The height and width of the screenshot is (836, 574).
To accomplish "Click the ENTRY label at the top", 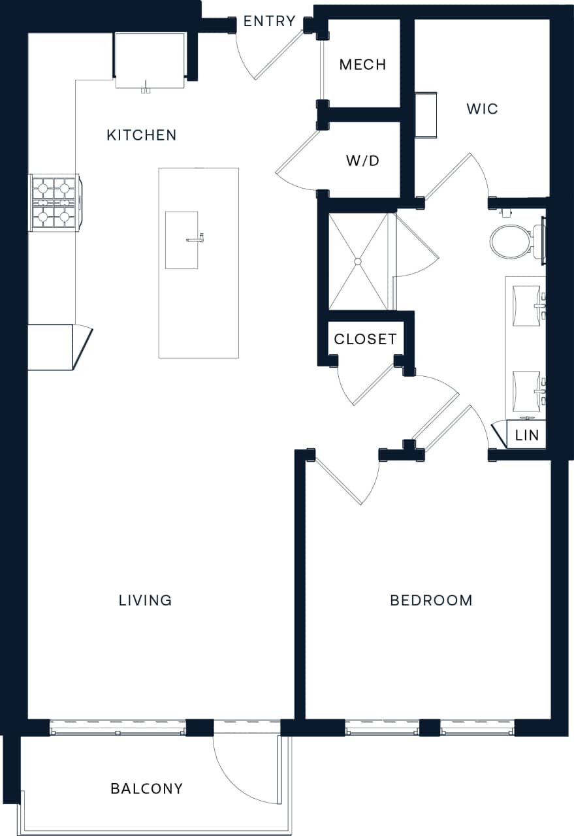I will (x=269, y=22).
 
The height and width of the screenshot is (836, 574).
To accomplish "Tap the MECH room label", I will (x=362, y=64).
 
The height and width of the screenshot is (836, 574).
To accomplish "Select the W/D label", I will (x=362, y=161).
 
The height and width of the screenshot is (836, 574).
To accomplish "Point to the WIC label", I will (x=482, y=108).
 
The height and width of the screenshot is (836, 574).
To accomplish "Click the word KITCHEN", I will (x=141, y=135).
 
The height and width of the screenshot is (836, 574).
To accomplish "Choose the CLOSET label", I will (x=365, y=339).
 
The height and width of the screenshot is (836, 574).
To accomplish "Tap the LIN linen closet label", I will (x=527, y=435).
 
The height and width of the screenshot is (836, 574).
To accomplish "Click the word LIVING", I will (x=145, y=600).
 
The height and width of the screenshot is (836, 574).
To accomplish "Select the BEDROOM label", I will (x=431, y=600).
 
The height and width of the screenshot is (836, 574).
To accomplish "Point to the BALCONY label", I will (x=146, y=788).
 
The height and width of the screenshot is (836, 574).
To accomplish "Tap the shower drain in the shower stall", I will (x=357, y=261).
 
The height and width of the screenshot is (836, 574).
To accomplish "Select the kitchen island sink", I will (x=182, y=240).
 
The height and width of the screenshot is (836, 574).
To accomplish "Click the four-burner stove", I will (x=54, y=202).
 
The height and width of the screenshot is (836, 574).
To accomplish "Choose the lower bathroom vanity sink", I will (x=526, y=391).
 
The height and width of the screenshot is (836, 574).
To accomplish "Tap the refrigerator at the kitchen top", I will (x=150, y=60).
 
